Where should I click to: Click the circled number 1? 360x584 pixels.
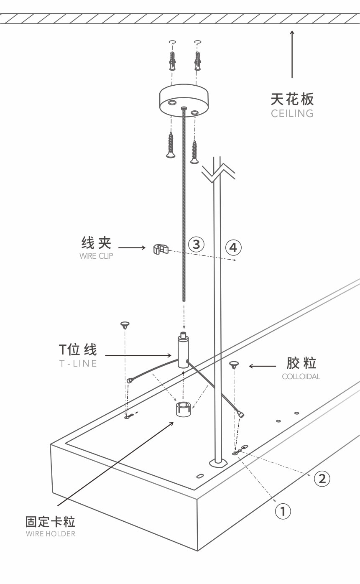(283, 511)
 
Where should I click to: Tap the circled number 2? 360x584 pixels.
(322, 478)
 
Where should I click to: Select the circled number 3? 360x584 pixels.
(196, 244)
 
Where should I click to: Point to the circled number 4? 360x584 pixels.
(233, 247)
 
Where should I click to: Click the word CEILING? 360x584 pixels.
(292, 113)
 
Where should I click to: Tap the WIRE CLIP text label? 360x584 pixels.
(96, 256)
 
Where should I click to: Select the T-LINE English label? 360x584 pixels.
(78, 363)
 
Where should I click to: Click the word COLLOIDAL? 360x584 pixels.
(301, 376)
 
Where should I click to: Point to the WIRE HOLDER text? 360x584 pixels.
(51, 533)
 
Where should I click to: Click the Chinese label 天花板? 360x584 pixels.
(292, 99)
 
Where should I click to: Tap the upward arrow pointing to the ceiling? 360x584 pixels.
(292, 54)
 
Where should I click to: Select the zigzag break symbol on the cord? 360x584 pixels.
(217, 172)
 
